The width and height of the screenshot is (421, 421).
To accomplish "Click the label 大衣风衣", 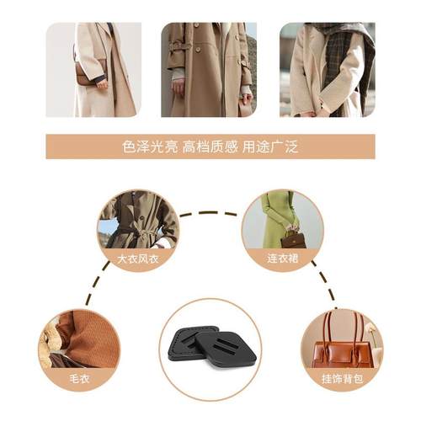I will click(138, 257).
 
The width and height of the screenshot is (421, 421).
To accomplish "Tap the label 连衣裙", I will click(283, 257).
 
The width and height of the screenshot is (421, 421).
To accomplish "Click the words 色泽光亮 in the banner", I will click(151, 147).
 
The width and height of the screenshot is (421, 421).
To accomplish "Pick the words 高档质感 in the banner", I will click(210, 147).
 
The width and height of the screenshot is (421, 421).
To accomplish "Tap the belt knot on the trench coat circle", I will click(135, 229).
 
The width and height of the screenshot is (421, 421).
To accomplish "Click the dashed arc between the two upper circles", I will click(210, 213).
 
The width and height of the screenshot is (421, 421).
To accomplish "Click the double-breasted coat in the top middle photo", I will click(206, 72).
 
